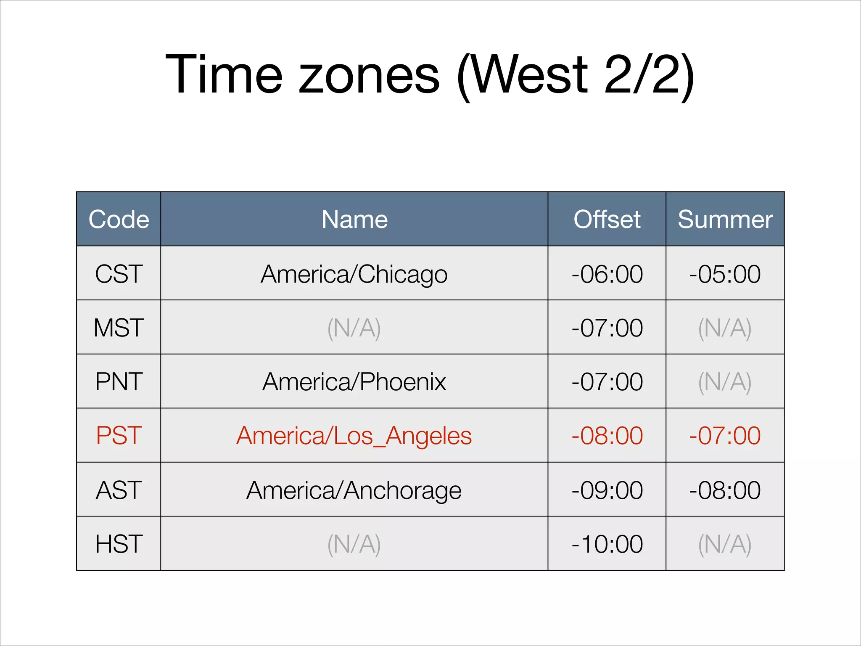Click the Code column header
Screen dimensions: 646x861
pyautogui.click(x=119, y=219)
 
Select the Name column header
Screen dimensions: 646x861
pyautogui.click(x=354, y=219)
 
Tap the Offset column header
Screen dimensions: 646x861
pyautogui.click(x=607, y=219)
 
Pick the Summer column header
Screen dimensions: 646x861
pyautogui.click(x=725, y=219)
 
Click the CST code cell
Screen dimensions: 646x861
pyautogui.click(x=119, y=274)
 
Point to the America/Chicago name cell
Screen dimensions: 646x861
pyautogui.click(x=354, y=274)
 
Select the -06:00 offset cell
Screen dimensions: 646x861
pyautogui.click(x=607, y=274)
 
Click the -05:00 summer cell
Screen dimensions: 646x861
pyautogui.click(x=725, y=274)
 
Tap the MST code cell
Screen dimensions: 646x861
pyautogui.click(x=119, y=328)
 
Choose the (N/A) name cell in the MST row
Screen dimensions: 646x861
pyautogui.click(x=354, y=328)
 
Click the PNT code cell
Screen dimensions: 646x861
pyautogui.click(x=119, y=381)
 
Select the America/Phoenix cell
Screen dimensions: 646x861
pyautogui.click(x=354, y=381)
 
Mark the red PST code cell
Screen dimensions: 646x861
pyautogui.click(x=119, y=435)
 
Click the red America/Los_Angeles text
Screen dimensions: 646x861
pyautogui.click(x=354, y=435)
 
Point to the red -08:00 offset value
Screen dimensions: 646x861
pyautogui.click(x=607, y=435)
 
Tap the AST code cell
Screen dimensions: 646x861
pyautogui.click(x=119, y=490)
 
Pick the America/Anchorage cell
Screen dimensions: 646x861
pyautogui.click(x=354, y=490)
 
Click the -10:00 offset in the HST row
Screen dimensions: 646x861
pyautogui.click(x=607, y=544)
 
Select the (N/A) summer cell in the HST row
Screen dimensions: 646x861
pyautogui.click(x=725, y=544)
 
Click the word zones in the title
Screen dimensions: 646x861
pyautogui.click(x=369, y=76)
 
